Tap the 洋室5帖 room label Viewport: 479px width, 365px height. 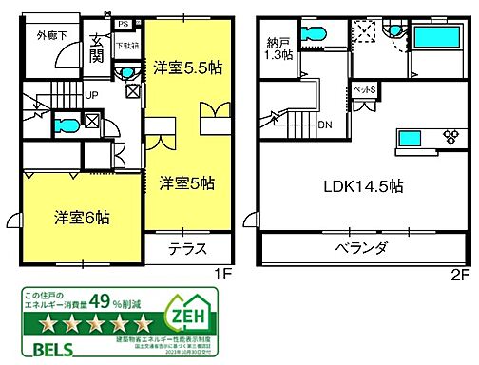coord(186,182)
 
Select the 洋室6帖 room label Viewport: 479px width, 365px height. coord(81,218)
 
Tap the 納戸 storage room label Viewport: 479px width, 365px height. coord(278,48)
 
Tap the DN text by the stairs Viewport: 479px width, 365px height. coord(324,125)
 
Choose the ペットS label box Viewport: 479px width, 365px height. coord(365,89)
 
